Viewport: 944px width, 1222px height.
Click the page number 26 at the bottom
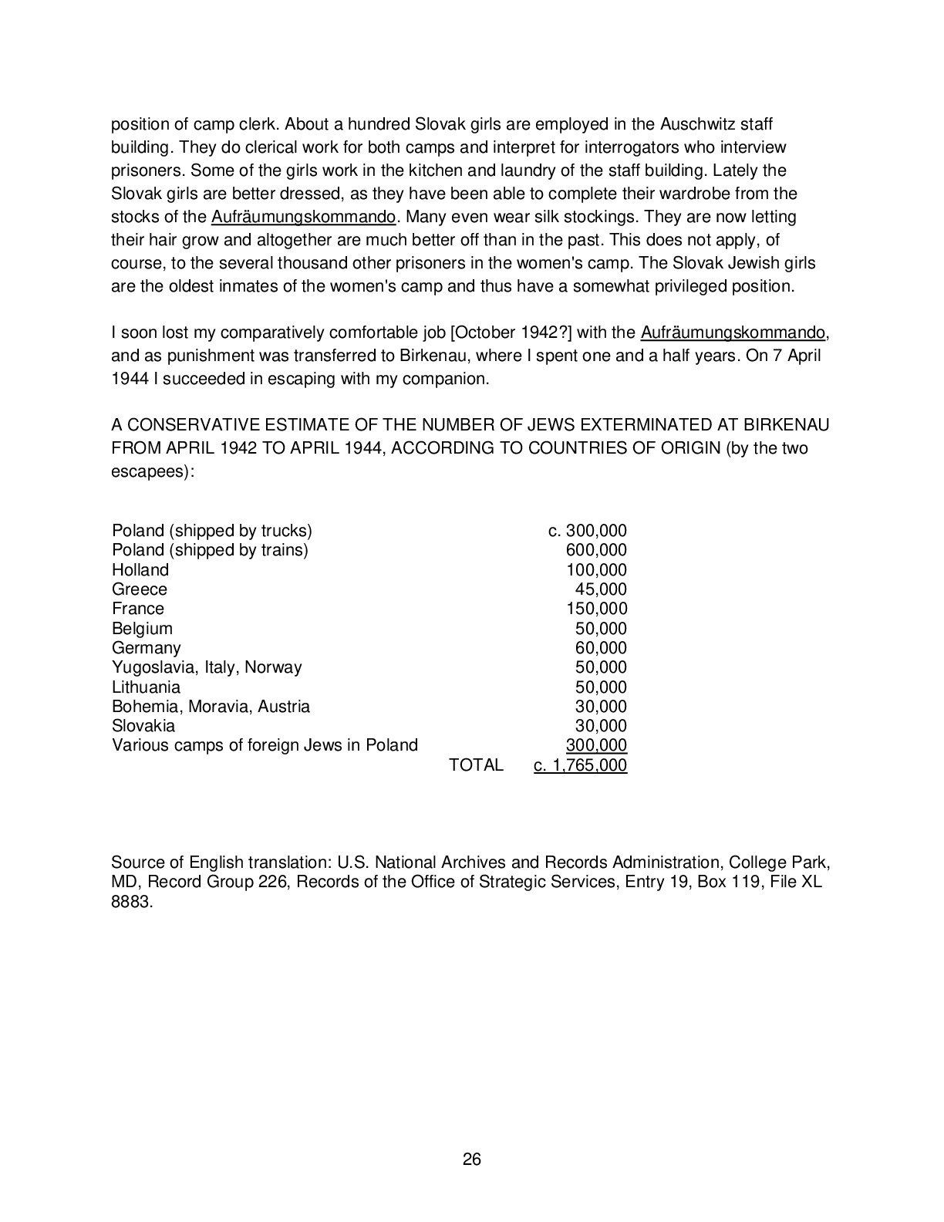click(x=472, y=1159)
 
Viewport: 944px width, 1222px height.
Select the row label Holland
click(x=140, y=570)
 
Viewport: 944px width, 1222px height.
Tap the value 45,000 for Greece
click(x=601, y=589)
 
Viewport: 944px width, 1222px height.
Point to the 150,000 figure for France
click(x=596, y=609)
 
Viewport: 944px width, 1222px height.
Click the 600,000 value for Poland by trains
click(x=596, y=550)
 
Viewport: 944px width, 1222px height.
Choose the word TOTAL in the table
click(x=476, y=765)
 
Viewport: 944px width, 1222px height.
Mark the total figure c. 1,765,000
click(x=580, y=765)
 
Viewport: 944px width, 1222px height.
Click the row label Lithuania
click(x=146, y=687)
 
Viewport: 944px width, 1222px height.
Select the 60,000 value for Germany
click(x=601, y=648)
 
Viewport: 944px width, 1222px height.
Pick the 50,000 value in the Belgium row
click(x=601, y=629)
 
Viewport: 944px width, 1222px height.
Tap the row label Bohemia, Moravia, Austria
click(x=211, y=707)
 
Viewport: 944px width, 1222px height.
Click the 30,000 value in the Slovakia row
click(x=601, y=726)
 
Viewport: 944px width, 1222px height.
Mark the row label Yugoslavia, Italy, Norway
click(x=207, y=667)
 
